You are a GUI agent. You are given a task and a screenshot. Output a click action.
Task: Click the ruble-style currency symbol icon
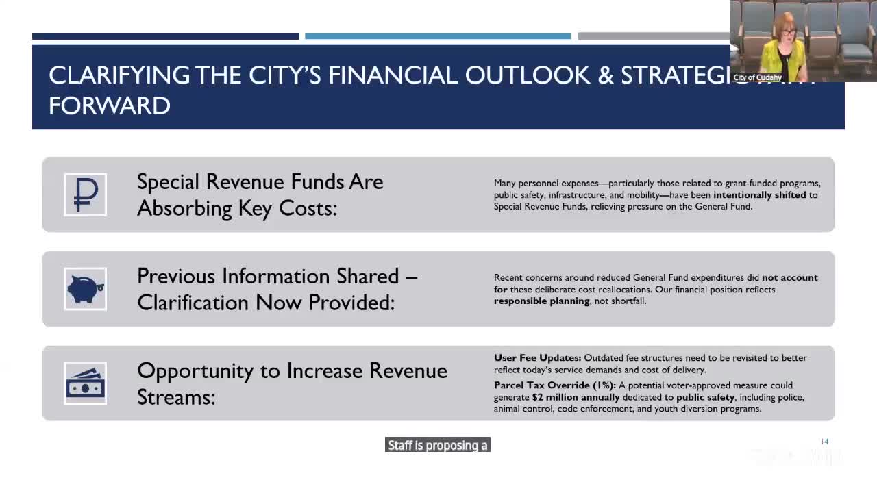pyautogui.click(x=85, y=194)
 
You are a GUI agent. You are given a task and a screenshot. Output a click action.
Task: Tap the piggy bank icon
pyautogui.click(x=85, y=288)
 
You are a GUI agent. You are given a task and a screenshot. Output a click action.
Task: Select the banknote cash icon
pyautogui.click(x=85, y=383)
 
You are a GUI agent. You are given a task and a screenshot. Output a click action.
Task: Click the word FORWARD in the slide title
pyautogui.click(x=110, y=105)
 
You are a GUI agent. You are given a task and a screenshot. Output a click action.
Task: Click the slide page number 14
pyautogui.click(x=824, y=442)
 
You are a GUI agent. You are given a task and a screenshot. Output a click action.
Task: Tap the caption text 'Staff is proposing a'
pyautogui.click(x=437, y=445)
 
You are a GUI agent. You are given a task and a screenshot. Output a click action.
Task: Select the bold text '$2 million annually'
pyautogui.click(x=576, y=397)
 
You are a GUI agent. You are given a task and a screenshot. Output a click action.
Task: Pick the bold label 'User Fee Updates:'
pyautogui.click(x=537, y=358)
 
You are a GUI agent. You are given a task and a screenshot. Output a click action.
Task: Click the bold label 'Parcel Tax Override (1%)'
pyautogui.click(x=554, y=385)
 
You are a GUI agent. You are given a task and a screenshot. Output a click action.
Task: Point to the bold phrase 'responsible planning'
pyautogui.click(x=541, y=301)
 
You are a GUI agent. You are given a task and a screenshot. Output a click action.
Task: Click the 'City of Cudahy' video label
pyautogui.click(x=757, y=77)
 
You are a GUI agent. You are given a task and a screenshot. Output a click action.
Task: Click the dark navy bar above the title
pyautogui.click(x=165, y=36)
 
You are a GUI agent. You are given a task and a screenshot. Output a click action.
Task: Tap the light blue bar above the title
pyautogui.click(x=438, y=36)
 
